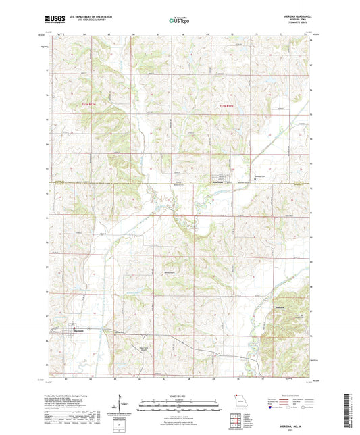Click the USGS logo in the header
click(x=53, y=20)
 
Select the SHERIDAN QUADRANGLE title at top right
click(x=297, y=16)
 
